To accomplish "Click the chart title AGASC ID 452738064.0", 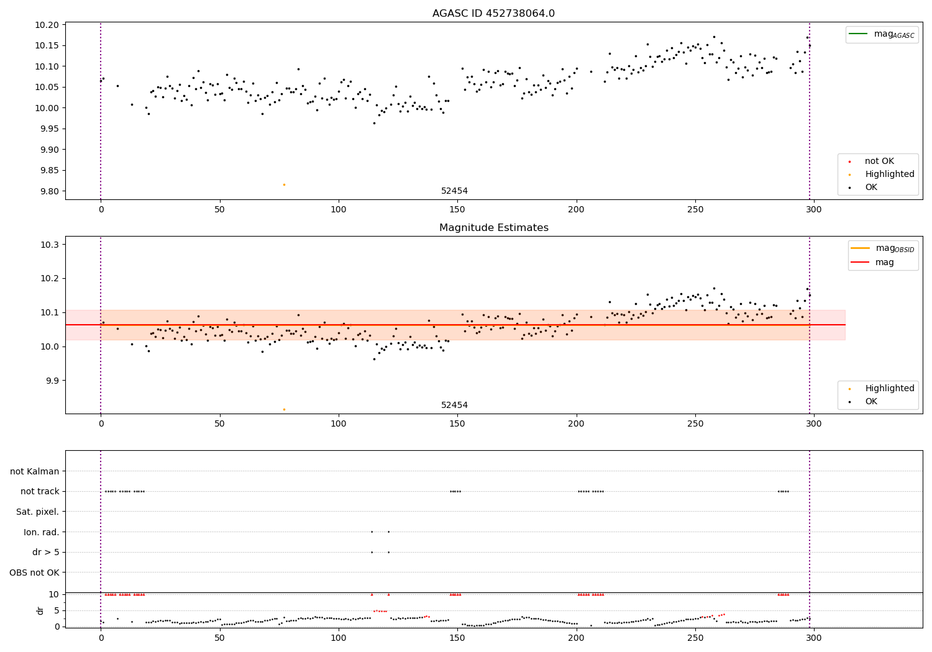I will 493,14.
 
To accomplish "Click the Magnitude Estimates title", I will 493,228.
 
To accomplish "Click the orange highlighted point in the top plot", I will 284,184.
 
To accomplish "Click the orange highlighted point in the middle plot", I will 284,409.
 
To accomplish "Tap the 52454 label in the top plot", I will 454,191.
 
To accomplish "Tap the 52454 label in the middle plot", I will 454,405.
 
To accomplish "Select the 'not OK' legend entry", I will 879,161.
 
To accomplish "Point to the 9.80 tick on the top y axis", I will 49,191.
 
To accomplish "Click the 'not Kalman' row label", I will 35,471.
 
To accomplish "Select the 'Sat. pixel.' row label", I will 37,512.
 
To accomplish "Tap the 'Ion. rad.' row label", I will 41,532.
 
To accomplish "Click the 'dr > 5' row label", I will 45,552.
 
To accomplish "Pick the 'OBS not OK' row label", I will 34,573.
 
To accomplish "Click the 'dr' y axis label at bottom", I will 40,610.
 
